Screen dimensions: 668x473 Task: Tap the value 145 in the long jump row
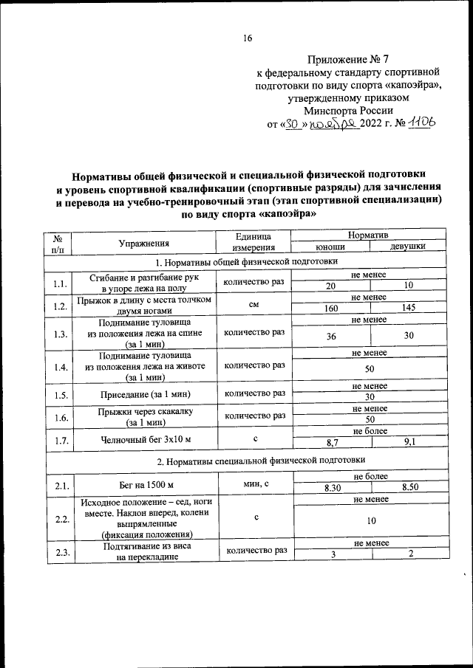pyautogui.click(x=409, y=309)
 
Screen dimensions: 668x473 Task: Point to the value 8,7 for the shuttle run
pyautogui.click(x=330, y=442)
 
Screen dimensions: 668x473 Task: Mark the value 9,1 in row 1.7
pyautogui.click(x=409, y=442)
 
